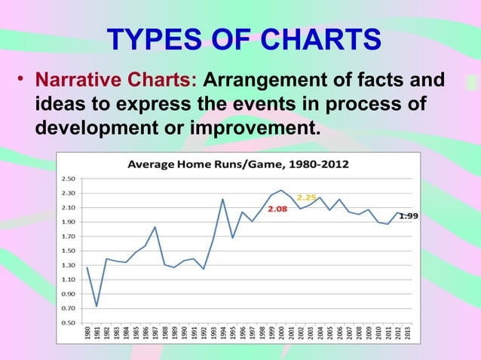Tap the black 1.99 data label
click(x=409, y=215)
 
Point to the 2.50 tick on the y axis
click(x=68, y=179)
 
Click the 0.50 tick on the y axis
click(x=68, y=323)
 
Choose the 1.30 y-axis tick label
click(x=68, y=265)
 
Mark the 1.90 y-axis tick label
click(x=68, y=222)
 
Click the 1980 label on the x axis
click(x=87, y=335)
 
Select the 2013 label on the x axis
click(x=408, y=335)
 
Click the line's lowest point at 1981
click(x=97, y=306)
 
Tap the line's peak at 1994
click(x=223, y=199)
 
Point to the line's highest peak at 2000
click(x=281, y=190)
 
